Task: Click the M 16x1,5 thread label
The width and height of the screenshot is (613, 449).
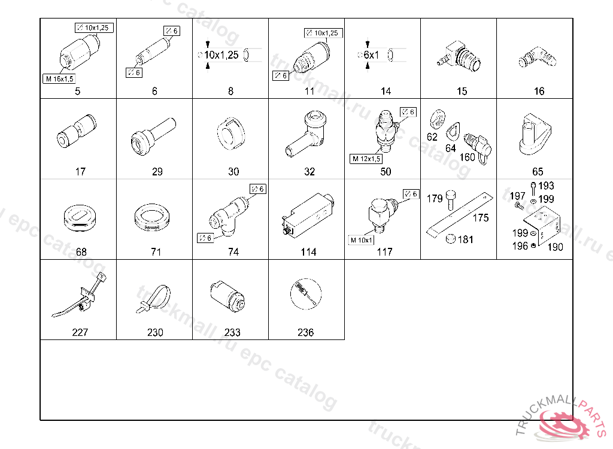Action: (x=59, y=78)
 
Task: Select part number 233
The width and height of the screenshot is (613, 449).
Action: (x=232, y=332)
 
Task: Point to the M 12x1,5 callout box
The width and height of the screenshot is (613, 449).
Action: (x=366, y=159)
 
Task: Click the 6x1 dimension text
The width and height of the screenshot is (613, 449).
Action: (x=371, y=55)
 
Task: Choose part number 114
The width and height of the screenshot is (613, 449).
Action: (x=308, y=252)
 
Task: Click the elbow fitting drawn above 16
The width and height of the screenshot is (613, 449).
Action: (x=537, y=57)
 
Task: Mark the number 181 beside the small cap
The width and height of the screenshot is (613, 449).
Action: (x=465, y=239)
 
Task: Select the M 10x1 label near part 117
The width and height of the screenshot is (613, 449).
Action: (x=362, y=240)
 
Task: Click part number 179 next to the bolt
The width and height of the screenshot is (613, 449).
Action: (x=435, y=199)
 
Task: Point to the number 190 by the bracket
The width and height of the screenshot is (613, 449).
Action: (x=555, y=247)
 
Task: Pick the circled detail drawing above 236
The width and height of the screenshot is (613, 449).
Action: (x=306, y=294)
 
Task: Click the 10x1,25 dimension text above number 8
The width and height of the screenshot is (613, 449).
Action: (x=221, y=55)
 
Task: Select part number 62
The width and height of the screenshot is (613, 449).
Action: (x=432, y=137)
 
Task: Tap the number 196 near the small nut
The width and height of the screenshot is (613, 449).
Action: (x=520, y=245)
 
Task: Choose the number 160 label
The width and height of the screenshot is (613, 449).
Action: (x=467, y=157)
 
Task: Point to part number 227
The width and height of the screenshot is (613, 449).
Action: (x=80, y=332)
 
